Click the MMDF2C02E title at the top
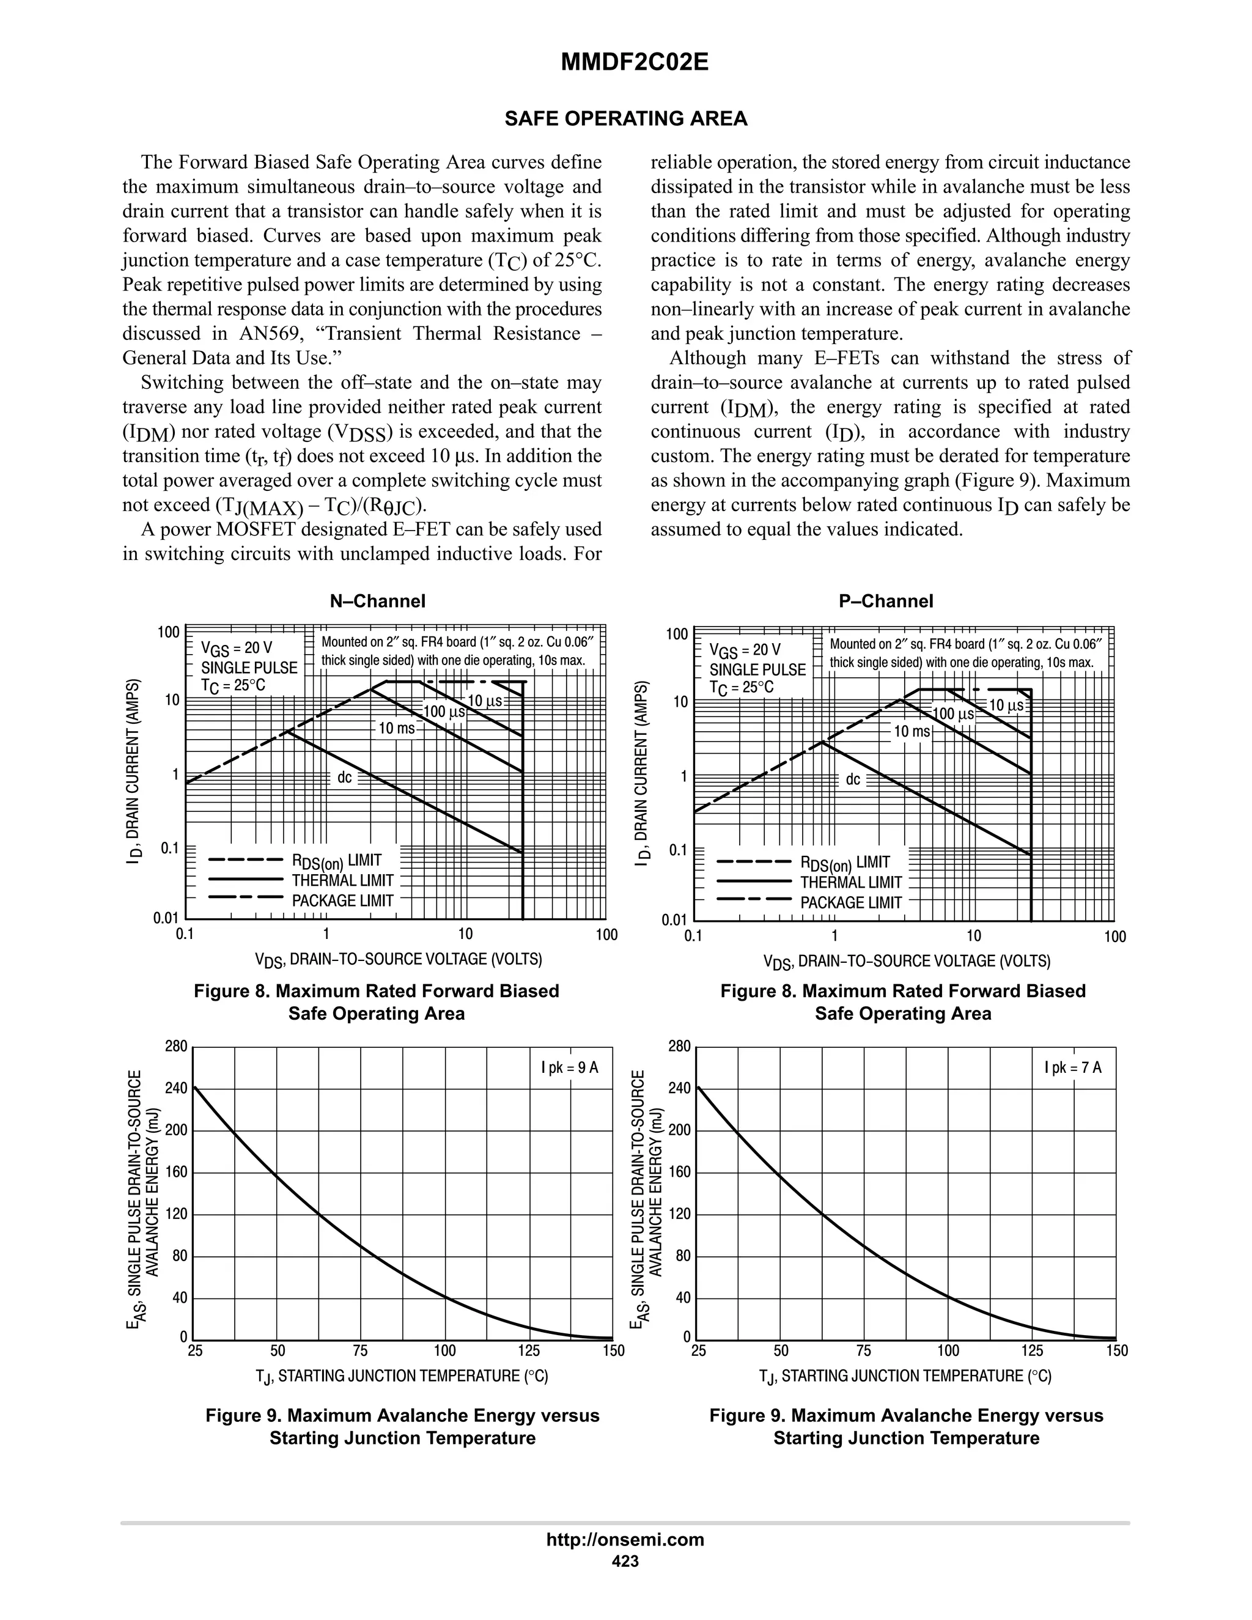pyautogui.click(x=634, y=62)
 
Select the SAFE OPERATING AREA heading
pyautogui.click(x=625, y=119)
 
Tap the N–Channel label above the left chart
pyautogui.click(x=378, y=601)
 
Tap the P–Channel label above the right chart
pyautogui.click(x=886, y=601)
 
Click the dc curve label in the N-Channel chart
pyautogui.click(x=345, y=778)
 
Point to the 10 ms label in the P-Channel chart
pyautogui.click(x=911, y=731)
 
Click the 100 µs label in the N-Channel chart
pyautogui.click(x=444, y=712)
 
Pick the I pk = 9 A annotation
pyautogui.click(x=569, y=1067)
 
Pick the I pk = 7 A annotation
pyautogui.click(x=1072, y=1067)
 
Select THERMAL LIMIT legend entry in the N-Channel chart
pyautogui.click(x=342, y=880)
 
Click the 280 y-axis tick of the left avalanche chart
pyautogui.click(x=177, y=1047)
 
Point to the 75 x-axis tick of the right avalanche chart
pyautogui.click(x=864, y=1351)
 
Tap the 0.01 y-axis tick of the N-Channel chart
pyautogui.click(x=166, y=918)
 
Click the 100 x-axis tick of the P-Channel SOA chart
pyautogui.click(x=1114, y=937)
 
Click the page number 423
pyautogui.click(x=625, y=1561)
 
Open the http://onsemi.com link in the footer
pyautogui.click(x=625, y=1539)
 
